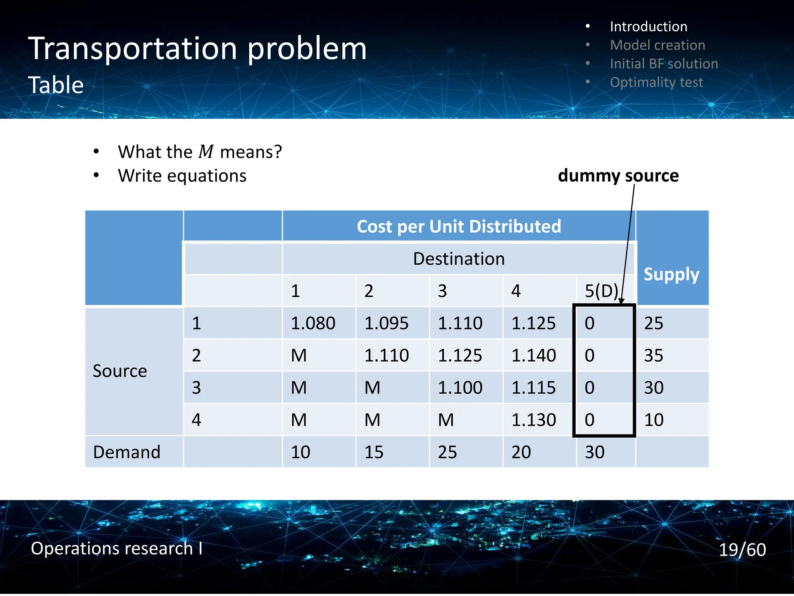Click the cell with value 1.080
pyautogui.click(x=313, y=323)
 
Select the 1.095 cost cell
pyautogui.click(x=386, y=323)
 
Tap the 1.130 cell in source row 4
pyautogui.click(x=533, y=420)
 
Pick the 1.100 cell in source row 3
pyautogui.click(x=460, y=388)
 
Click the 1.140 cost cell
pyautogui.click(x=533, y=355)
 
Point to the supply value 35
pyautogui.click(x=654, y=355)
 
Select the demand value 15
pyautogui.click(x=374, y=452)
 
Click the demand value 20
pyautogui.click(x=521, y=452)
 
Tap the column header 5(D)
pyautogui.click(x=601, y=291)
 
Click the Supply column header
pyautogui.click(x=671, y=274)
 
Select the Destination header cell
pyautogui.click(x=459, y=259)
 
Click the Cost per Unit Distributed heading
pyautogui.click(x=459, y=226)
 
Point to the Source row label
pyautogui.click(x=120, y=371)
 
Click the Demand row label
pyautogui.click(x=127, y=452)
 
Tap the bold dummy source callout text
pyautogui.click(x=618, y=175)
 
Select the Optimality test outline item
pyautogui.click(x=656, y=82)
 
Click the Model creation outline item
pyautogui.click(x=657, y=45)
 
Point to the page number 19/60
pyautogui.click(x=742, y=549)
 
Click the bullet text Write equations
pyautogui.click(x=182, y=176)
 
